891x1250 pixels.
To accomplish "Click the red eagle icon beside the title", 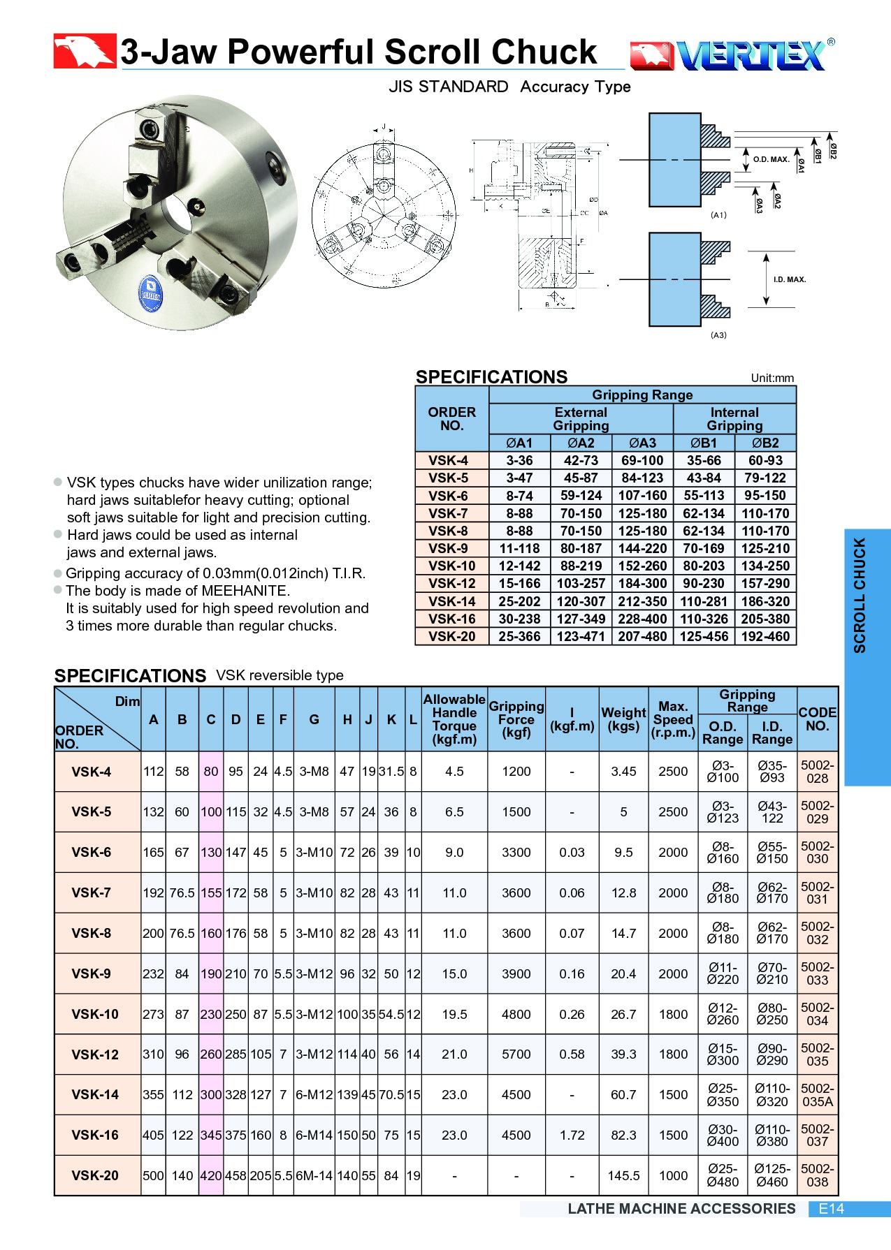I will [85, 51].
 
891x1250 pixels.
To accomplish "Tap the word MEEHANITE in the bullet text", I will [245, 591].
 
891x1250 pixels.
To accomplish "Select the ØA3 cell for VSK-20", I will [642, 637].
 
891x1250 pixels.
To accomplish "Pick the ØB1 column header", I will [704, 443].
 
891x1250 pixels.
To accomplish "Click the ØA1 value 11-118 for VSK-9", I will [519, 549].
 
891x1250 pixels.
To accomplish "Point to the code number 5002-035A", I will [817, 1095].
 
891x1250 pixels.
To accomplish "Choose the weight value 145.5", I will [623, 1176].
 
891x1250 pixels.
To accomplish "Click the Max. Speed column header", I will [673, 719].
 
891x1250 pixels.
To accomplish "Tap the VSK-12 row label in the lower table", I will [95, 1054].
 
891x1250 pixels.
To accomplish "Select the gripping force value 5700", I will [516, 1054].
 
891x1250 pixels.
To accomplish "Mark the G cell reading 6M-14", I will [314, 1176].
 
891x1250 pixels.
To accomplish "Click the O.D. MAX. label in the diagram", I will [771, 160].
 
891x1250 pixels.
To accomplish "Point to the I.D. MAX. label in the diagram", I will [790, 279].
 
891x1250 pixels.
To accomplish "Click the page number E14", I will [831, 1209].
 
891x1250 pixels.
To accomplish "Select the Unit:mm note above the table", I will [772, 378].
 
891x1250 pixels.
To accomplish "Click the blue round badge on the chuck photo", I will [151, 294].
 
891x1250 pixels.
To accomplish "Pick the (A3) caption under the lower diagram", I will [718, 335].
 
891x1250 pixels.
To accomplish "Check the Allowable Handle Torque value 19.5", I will [454, 1014].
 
